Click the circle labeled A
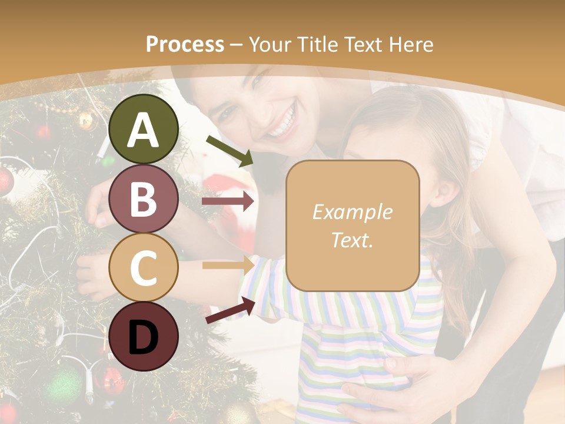pos(144,129)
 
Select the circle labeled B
pos(144,198)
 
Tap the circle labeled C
pos(144,267)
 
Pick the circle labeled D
pos(144,336)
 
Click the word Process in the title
pos(185,44)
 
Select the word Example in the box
pos(352,212)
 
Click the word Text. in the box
pos(352,240)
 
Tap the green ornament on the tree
pos(62,386)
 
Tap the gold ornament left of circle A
pos(86,121)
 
